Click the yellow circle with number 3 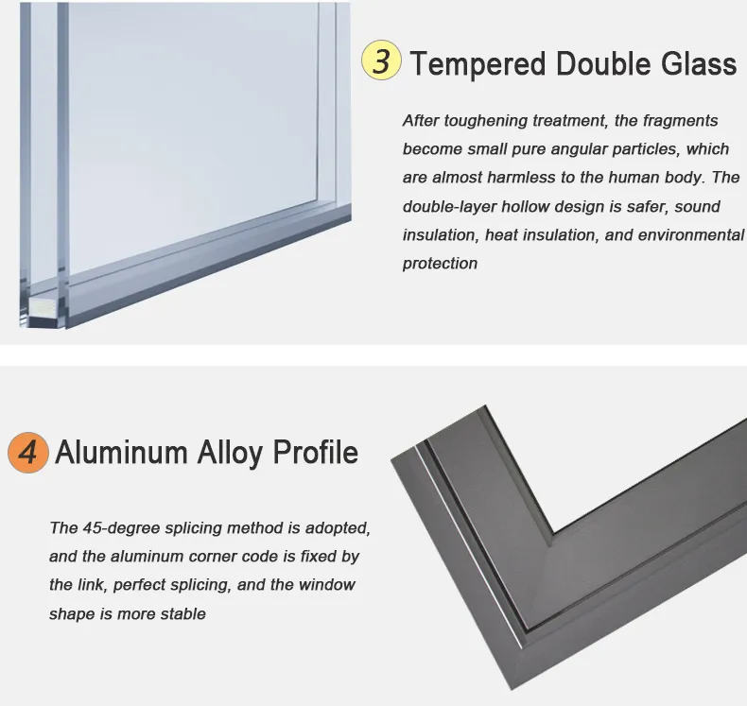(x=381, y=62)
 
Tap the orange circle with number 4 (x=28, y=452)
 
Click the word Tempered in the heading (x=478, y=64)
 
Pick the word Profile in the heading (x=316, y=453)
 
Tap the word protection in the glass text (x=440, y=264)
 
